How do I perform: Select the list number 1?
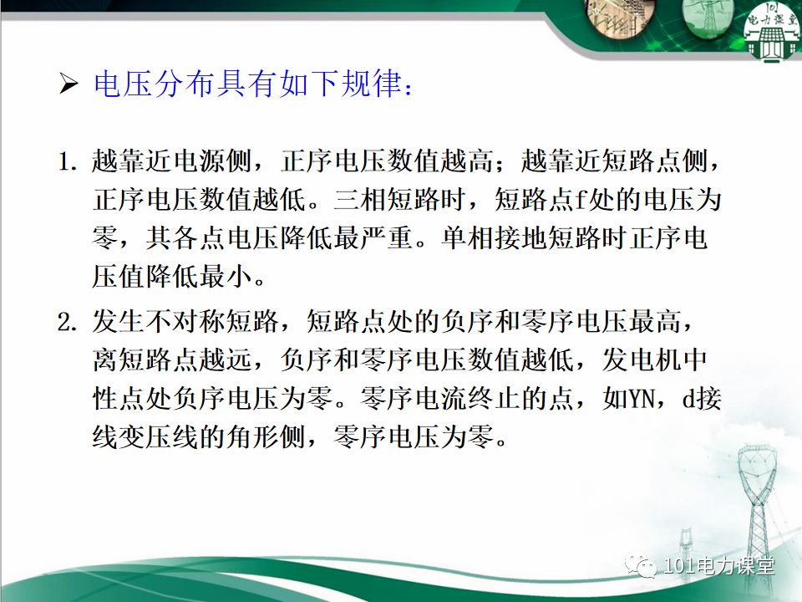point(67,161)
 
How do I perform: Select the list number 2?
point(67,321)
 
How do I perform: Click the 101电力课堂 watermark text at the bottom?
point(718,567)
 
